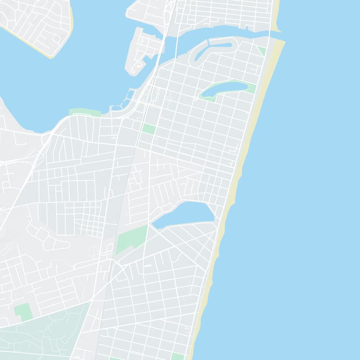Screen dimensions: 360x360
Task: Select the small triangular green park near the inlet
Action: (261, 50)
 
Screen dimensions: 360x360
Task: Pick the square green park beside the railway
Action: (148, 129)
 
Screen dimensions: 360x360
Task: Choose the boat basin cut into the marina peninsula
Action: (146, 58)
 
